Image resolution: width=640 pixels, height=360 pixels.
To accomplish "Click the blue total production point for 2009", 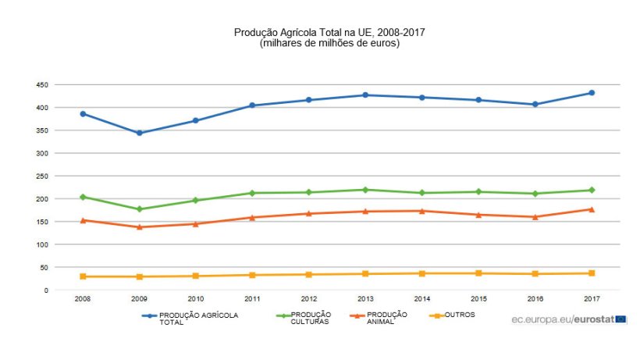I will point(139,133).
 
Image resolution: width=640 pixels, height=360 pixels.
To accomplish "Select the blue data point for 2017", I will point(592,93).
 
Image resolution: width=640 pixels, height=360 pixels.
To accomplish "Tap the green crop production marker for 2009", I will point(139,209).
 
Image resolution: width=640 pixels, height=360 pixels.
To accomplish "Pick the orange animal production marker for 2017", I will point(592,209).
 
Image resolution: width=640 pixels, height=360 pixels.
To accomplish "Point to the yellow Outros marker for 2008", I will point(83,276).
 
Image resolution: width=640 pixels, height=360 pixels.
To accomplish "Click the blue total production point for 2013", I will point(365,95).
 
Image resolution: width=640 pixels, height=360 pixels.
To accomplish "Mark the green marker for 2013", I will point(365,190).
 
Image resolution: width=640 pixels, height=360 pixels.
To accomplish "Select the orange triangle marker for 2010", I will point(196,224).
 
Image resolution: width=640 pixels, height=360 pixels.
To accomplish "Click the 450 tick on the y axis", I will point(41,84).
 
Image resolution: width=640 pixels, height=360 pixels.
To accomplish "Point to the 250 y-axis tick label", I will point(41,176).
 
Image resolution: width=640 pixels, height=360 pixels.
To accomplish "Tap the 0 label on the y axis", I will point(46,290).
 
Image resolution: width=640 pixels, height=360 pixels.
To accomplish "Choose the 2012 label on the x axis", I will point(309,299).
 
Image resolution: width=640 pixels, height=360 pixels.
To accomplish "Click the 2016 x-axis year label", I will point(535,299).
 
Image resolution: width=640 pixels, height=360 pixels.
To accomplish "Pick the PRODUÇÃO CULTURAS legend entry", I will point(311,318).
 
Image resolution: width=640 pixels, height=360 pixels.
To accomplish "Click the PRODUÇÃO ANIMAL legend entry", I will point(386,318).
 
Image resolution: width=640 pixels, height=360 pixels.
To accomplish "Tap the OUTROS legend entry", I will point(459,315).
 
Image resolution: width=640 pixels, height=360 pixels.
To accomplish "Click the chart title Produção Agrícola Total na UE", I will point(329,32).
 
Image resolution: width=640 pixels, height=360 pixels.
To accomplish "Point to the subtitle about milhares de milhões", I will point(329,43).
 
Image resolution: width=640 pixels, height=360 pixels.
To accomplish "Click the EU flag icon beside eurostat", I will point(620,319).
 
